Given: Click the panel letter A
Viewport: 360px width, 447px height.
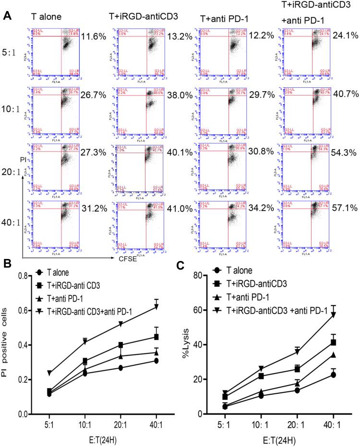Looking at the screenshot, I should click(x=7, y=16).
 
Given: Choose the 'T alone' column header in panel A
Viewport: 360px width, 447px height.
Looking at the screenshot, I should click(x=47, y=18).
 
